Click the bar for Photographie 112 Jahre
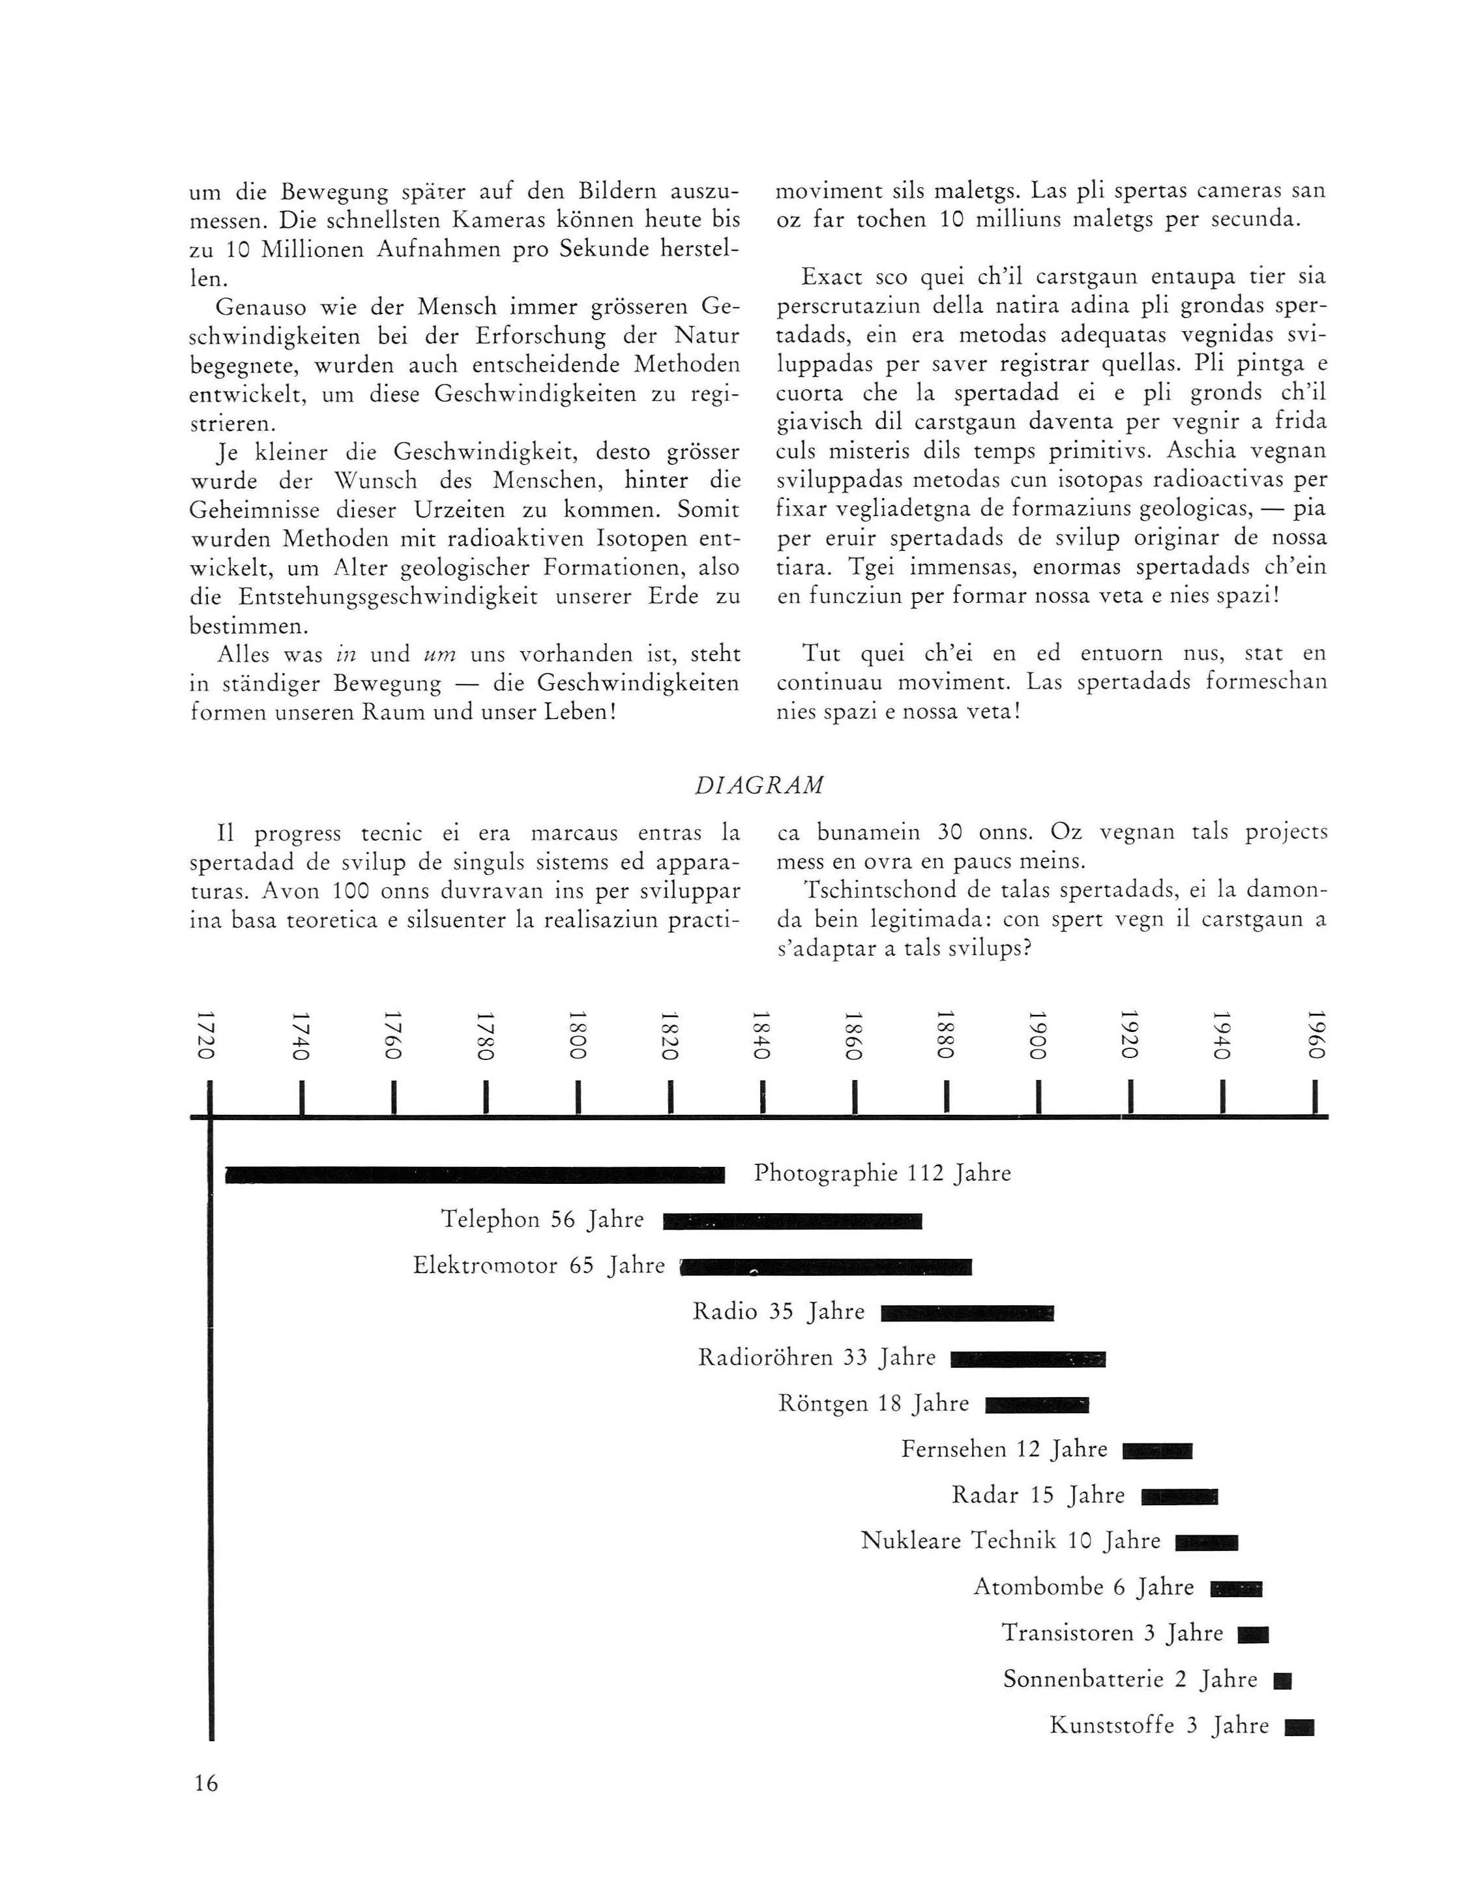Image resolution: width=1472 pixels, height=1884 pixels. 475,1174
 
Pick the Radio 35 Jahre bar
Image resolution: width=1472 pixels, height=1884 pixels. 967,1314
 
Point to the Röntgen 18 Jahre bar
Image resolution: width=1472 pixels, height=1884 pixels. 1037,1406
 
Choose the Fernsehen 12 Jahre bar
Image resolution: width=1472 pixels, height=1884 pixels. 1157,1451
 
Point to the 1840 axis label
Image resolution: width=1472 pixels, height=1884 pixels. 760,1035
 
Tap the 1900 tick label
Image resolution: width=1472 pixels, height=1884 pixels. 1037,1035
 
